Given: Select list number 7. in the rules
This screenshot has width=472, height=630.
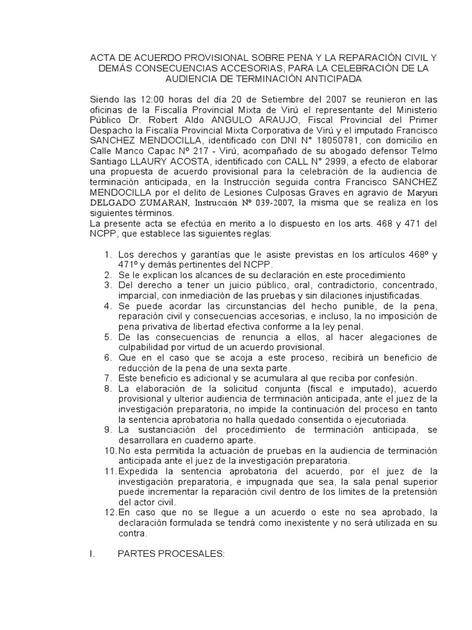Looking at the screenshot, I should tap(108, 378).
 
